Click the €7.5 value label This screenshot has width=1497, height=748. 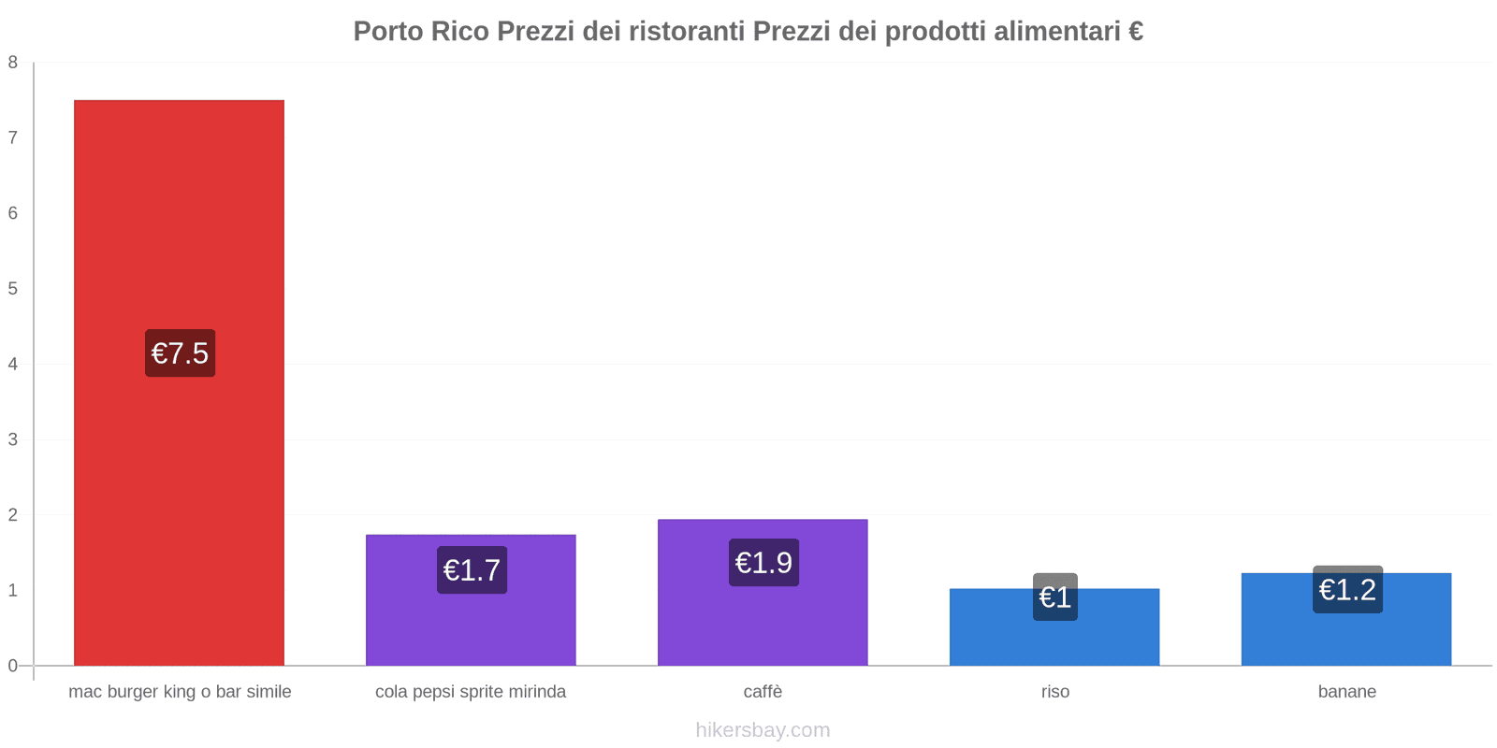tap(180, 353)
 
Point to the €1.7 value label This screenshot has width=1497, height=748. tap(472, 570)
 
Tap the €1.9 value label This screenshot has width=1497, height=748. tap(763, 563)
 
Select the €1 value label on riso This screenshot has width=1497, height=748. tap(1055, 597)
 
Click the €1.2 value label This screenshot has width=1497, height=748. tap(1347, 590)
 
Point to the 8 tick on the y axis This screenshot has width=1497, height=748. tap(13, 63)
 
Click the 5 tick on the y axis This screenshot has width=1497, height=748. tap(13, 289)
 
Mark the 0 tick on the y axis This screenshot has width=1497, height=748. tap(13, 666)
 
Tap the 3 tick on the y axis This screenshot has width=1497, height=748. tap(13, 439)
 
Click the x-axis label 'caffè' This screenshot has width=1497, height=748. tap(763, 692)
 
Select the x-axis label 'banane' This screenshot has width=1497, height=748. tap(1346, 692)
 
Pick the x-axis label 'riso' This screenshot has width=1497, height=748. tap(1054, 692)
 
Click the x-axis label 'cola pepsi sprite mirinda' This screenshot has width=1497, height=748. tap(471, 692)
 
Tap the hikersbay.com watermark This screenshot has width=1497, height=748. tap(763, 730)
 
